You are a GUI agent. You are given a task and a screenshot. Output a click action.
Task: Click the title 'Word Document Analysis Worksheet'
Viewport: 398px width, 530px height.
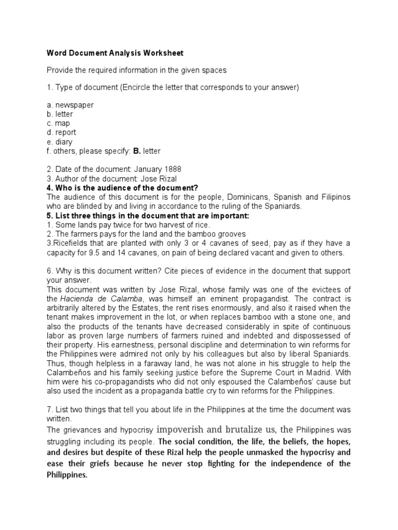(x=115, y=53)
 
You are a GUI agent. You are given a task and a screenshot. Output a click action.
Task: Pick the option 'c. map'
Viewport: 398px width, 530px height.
(x=59, y=123)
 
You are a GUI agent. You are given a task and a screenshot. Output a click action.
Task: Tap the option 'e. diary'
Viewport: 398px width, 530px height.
(x=60, y=142)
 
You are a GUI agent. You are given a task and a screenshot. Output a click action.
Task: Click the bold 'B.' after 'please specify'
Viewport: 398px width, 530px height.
(x=137, y=151)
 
